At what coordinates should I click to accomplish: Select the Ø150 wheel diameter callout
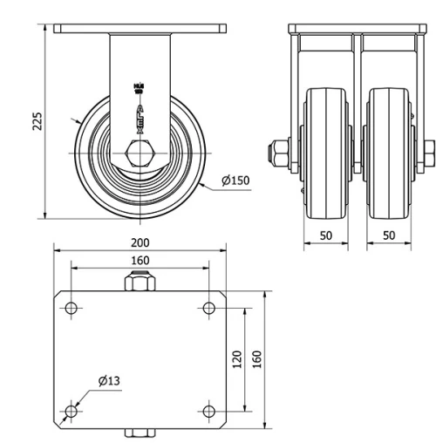[235, 181]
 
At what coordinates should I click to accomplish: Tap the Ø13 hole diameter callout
[108, 380]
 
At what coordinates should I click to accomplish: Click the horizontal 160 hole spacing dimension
[140, 260]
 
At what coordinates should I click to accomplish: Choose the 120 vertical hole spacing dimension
[237, 359]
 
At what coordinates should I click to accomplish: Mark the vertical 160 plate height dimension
[257, 359]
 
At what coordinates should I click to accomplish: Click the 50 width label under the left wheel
[325, 235]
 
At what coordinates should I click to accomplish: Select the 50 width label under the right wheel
[389, 235]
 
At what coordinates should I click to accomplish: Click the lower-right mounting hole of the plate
[208, 411]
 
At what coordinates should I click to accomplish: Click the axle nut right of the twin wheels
[429, 155]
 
